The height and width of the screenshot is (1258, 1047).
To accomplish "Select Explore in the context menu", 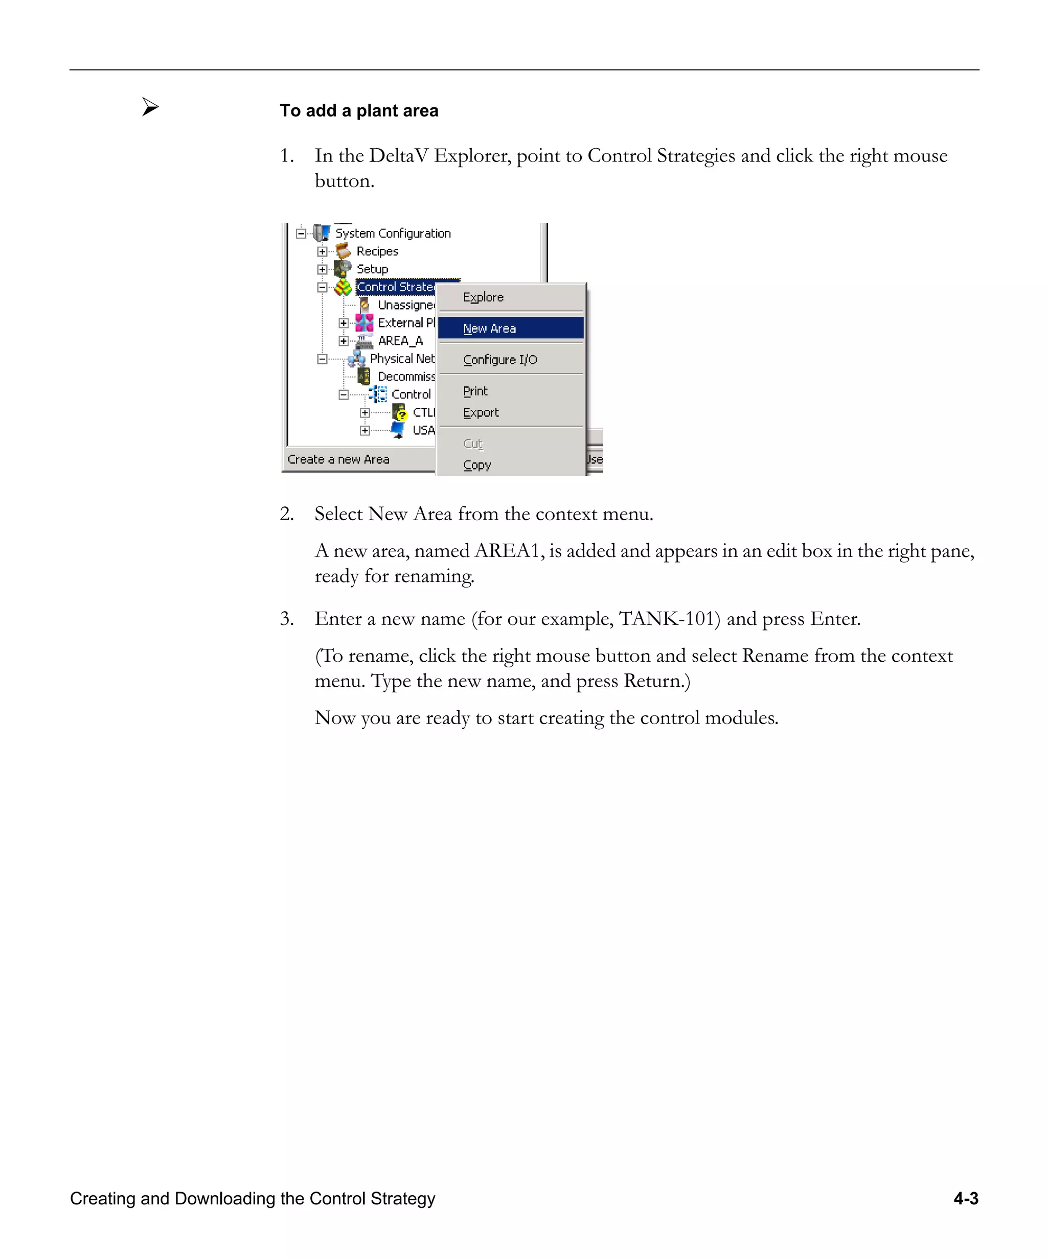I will [x=483, y=297].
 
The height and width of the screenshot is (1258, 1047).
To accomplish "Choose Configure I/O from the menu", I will [x=500, y=359].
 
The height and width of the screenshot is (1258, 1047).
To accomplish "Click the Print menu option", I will [x=475, y=391].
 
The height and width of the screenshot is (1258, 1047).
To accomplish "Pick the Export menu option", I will [x=481, y=413].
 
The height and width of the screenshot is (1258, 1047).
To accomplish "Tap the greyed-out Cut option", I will [x=473, y=444].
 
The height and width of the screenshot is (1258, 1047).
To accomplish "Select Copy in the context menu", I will [x=477, y=465].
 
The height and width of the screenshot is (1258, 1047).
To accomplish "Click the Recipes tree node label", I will [x=377, y=251].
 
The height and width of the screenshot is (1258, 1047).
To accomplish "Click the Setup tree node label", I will [x=372, y=269].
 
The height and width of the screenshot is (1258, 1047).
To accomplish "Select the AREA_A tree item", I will [x=400, y=341].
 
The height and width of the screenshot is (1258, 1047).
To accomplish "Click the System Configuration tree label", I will [x=393, y=233].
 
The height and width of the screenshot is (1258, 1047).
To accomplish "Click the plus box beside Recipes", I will [x=323, y=251].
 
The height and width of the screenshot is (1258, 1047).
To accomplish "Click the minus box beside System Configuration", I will [x=301, y=234].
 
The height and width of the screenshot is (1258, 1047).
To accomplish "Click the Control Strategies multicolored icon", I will [x=343, y=287].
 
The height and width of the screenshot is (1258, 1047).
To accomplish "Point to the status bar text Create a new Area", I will [x=338, y=459].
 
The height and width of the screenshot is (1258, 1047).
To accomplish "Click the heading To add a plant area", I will [x=358, y=111].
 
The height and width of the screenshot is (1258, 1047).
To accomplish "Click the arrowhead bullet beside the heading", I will [x=150, y=107].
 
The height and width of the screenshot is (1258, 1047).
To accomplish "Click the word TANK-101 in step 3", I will [x=669, y=618].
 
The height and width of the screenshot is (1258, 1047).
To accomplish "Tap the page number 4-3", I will [x=966, y=1198].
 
